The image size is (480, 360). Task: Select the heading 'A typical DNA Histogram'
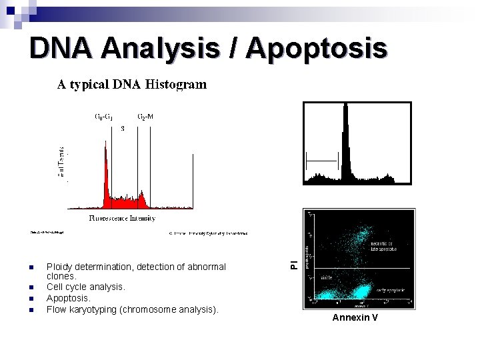(131, 85)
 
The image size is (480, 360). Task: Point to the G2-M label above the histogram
(145, 117)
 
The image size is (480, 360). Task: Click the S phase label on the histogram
(122, 129)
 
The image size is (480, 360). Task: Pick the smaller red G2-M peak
(142, 200)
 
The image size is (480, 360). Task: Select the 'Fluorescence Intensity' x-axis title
(122, 218)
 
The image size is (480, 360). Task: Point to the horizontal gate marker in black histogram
(322, 160)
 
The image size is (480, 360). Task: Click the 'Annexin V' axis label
(355, 317)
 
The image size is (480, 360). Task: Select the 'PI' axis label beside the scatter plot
(294, 264)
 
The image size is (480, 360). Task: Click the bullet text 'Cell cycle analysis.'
(85, 287)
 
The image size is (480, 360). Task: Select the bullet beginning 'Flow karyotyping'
(132, 309)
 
